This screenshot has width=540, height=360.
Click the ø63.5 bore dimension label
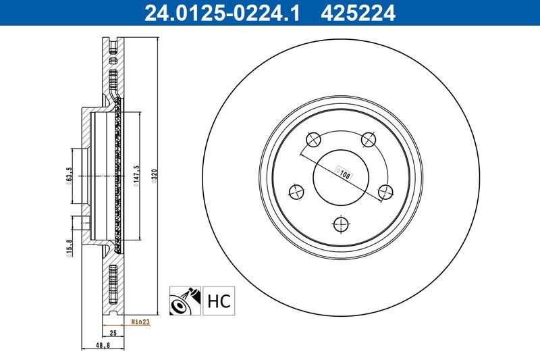tap(70, 175)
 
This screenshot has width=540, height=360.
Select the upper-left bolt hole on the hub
tap(314, 140)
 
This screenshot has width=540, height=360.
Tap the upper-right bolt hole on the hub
tap(369, 140)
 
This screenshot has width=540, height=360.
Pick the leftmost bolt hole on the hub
tap(296, 192)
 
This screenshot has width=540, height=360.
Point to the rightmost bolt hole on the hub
tap(385, 192)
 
